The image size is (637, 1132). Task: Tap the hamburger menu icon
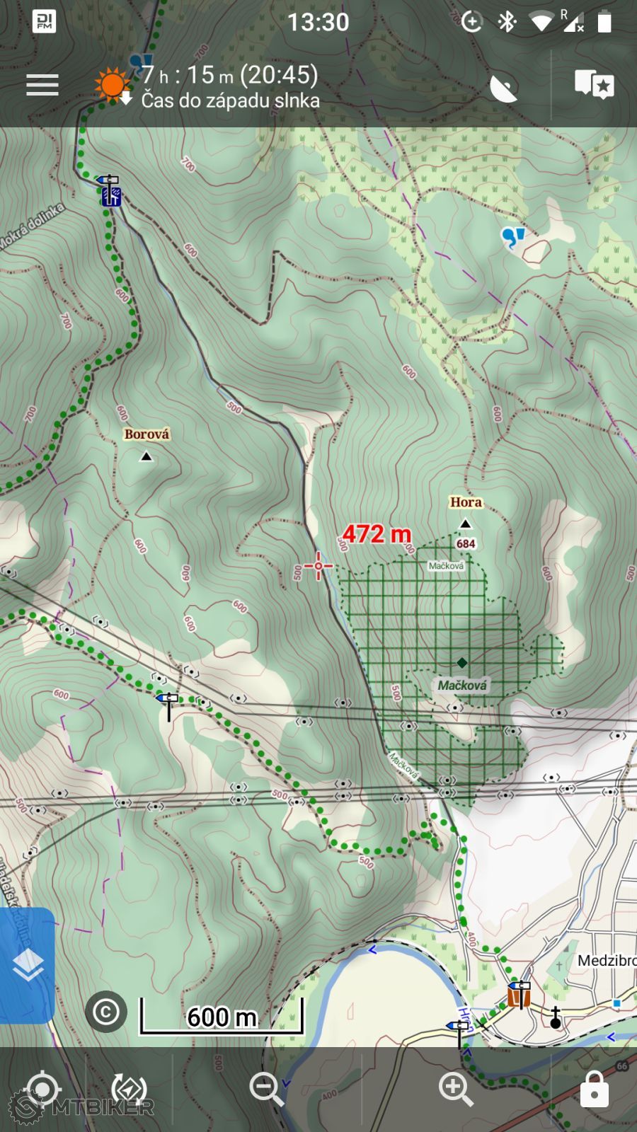42,85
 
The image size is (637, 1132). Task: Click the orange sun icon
112,85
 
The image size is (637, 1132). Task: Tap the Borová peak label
147,434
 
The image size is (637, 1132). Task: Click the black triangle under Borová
147,457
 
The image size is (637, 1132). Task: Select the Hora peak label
466,502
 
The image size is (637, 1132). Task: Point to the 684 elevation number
466,544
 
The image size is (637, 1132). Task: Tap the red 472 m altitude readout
377,534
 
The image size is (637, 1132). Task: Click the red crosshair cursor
318,566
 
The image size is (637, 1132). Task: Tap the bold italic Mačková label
461,686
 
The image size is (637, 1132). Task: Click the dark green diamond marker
462,662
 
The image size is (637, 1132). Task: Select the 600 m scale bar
222,1017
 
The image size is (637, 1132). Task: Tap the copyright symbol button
106,1012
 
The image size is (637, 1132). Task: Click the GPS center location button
42,1088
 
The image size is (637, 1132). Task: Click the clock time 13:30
318,23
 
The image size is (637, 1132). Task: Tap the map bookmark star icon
594,85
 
